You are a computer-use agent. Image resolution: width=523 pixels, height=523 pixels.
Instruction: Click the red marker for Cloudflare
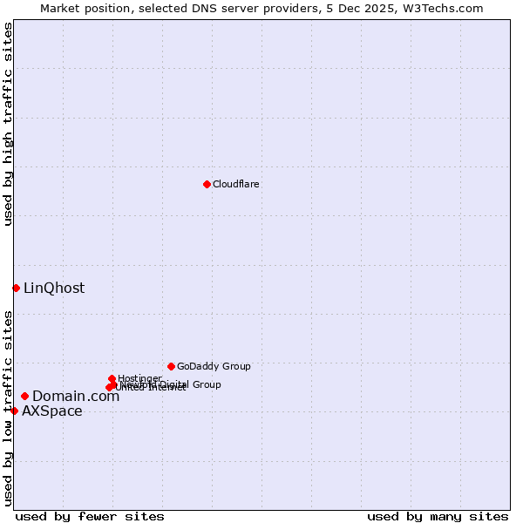pos(207,184)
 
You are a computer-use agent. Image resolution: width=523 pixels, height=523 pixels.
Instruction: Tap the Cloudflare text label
pos(236,184)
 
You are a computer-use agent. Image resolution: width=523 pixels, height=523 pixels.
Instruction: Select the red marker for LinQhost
pos(16,288)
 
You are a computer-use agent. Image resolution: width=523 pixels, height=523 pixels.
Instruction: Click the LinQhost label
pos(54,289)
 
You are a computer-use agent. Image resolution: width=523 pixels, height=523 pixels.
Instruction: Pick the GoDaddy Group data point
pos(171,366)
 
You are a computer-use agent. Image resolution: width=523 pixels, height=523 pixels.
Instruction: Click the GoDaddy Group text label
pos(214,366)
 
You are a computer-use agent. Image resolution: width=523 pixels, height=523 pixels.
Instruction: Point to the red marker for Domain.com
pos(24,397)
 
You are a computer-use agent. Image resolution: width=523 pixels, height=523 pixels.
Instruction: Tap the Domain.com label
pos(76,397)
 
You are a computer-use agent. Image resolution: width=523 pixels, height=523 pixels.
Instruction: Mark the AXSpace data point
pos(14,411)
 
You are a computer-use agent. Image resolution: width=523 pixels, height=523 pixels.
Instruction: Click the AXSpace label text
pos(52,411)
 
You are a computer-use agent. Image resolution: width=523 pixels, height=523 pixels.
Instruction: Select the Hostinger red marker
pos(112,378)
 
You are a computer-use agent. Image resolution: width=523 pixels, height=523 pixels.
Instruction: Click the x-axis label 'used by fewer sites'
pos(90,516)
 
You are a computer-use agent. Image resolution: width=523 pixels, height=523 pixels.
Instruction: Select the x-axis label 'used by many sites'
pos(438,516)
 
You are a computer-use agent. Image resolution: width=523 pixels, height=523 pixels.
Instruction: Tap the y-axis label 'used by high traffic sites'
pos(8,124)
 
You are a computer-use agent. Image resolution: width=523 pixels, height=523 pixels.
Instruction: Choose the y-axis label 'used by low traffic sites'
pos(8,408)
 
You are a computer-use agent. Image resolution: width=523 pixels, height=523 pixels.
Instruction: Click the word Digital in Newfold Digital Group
pos(172,384)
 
